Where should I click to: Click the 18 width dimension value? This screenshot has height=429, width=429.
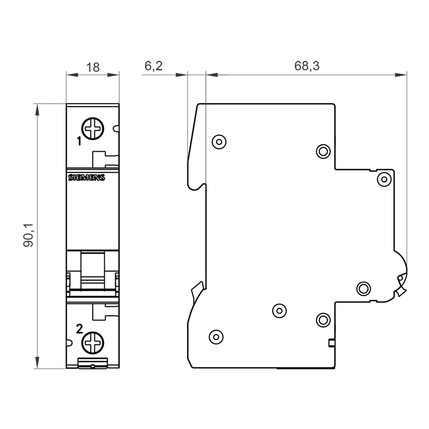click(x=93, y=67)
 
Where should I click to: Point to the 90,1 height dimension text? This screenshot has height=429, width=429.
click(x=29, y=235)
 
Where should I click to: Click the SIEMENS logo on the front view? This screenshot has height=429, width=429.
click(x=87, y=178)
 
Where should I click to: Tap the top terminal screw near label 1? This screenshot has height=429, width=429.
click(x=93, y=128)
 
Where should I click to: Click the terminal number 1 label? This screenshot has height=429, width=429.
click(x=79, y=140)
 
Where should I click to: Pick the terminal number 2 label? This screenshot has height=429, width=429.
click(x=79, y=329)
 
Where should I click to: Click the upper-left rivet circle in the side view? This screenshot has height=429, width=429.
click(x=219, y=141)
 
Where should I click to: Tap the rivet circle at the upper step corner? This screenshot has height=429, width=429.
click(x=323, y=151)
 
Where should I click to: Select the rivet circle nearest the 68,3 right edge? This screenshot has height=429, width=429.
click(x=384, y=179)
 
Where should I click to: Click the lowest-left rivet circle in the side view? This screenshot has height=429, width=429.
click(x=216, y=337)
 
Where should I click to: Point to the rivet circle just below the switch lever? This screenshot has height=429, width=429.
click(x=363, y=288)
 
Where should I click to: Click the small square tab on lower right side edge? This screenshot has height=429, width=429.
click(x=331, y=342)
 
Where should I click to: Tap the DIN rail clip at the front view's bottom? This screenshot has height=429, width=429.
click(x=93, y=363)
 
